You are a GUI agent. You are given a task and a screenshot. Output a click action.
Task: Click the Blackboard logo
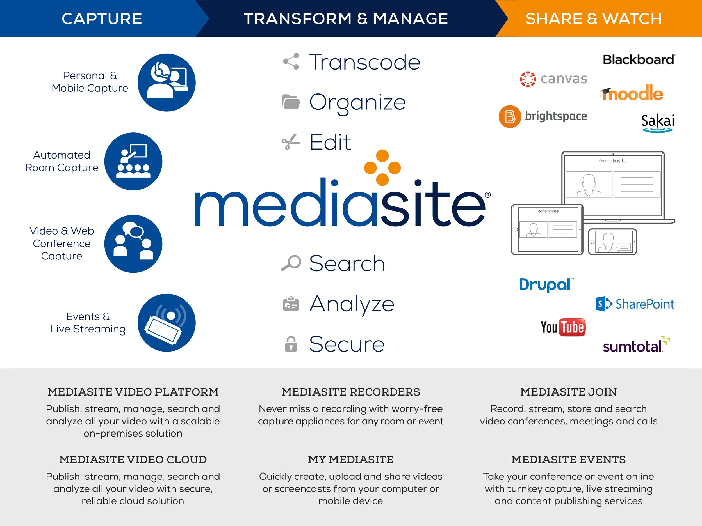(639, 59)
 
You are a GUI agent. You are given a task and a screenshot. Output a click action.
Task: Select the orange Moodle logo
(632, 93)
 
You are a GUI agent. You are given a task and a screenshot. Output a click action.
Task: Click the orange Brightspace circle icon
(510, 116)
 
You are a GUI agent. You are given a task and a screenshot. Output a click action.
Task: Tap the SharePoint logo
(635, 304)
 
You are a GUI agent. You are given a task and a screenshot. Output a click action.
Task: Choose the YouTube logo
(563, 327)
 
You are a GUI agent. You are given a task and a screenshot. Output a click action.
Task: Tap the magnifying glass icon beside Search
(291, 263)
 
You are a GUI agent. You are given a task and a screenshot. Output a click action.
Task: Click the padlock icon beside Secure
(291, 344)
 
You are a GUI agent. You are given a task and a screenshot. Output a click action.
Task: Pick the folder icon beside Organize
(291, 102)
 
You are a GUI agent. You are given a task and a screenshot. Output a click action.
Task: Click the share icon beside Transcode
(291, 61)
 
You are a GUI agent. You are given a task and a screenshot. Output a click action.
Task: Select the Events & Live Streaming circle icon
(166, 323)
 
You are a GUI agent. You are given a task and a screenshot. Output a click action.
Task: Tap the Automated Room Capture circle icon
(133, 161)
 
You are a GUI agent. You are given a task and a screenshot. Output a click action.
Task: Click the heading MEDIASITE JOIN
(568, 392)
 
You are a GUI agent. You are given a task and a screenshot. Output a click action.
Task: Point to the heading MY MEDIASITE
(350, 460)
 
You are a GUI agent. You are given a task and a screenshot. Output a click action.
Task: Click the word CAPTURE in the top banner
(102, 19)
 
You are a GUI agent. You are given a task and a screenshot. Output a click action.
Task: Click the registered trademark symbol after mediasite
(487, 195)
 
